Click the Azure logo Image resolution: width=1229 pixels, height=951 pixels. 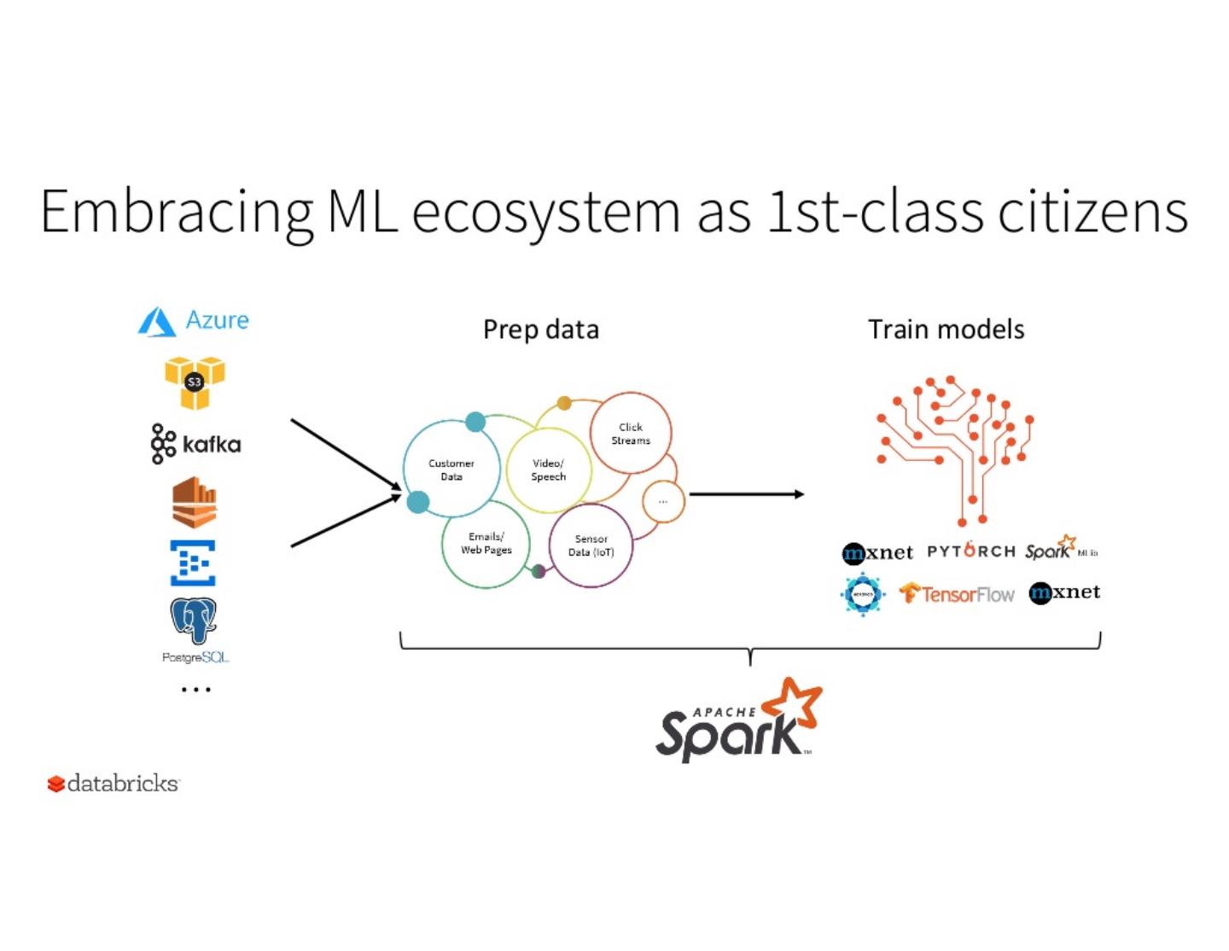tap(194, 321)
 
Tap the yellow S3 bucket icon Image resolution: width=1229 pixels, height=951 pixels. tap(195, 382)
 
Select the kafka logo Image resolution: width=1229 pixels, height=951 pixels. tap(195, 444)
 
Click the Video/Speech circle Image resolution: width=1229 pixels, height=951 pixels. tap(548, 470)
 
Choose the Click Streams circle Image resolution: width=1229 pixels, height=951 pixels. tap(631, 434)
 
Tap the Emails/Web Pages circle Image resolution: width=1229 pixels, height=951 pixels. tap(486, 544)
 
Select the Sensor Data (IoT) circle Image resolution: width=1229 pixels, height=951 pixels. tap(591, 546)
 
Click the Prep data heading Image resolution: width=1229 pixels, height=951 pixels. tap(541, 330)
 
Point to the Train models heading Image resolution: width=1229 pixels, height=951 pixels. tap(946, 330)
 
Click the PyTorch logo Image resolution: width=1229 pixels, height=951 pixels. tap(970, 551)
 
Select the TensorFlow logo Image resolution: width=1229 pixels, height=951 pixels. tap(957, 594)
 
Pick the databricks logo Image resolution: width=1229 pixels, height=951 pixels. tap(114, 784)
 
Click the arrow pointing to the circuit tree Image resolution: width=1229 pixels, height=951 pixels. tap(746, 494)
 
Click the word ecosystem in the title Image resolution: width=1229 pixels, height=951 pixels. tap(546, 213)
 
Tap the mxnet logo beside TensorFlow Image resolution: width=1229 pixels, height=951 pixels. tap(1064, 592)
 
